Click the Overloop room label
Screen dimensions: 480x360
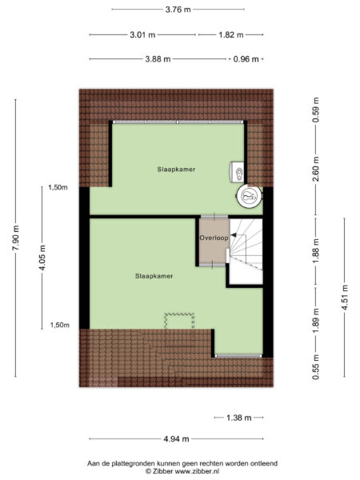[214, 238]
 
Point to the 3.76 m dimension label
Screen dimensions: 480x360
[178, 10]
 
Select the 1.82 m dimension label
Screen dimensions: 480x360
[231, 35]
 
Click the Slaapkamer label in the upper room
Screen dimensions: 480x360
[177, 170]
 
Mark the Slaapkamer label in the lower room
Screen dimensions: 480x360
[154, 276]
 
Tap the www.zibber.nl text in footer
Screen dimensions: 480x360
[198, 472]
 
